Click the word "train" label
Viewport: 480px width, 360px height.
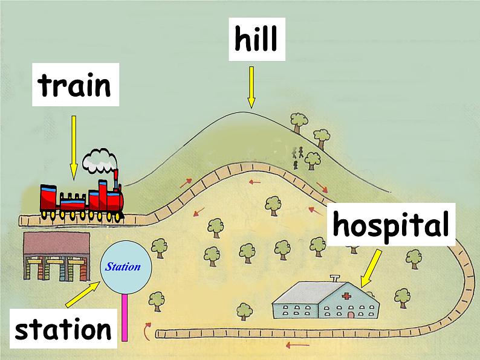pos(74,85)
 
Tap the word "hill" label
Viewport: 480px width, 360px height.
pos(256,39)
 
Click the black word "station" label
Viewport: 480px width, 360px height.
pos(63,329)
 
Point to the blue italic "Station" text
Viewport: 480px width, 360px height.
pos(123,267)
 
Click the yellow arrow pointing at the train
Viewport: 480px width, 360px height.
pos(74,148)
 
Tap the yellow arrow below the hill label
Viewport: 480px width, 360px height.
pos(251,88)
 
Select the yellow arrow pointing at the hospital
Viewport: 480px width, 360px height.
pos(371,269)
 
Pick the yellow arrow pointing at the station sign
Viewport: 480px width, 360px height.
pos(82,294)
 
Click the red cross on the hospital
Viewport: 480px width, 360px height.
pos(346,295)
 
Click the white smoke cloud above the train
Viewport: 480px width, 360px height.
pos(100,160)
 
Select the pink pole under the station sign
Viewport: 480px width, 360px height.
pos(125,317)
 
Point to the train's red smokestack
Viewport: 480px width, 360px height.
pos(116,179)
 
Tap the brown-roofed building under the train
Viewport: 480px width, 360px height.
pos(57,256)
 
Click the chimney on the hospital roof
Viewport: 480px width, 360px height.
pos(335,278)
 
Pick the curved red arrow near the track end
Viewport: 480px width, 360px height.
pos(148,331)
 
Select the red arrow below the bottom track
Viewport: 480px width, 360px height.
pos(297,346)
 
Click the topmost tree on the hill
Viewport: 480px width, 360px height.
pos(299,122)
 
